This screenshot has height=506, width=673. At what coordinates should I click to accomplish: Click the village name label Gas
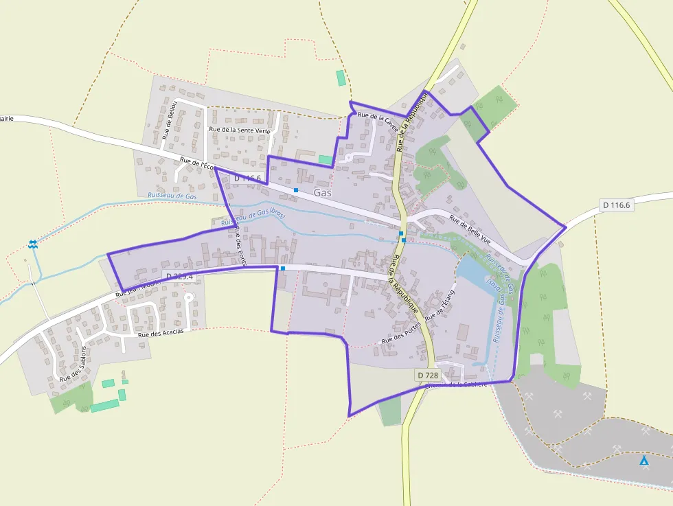323,193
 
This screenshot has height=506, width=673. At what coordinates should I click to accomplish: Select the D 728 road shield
428,375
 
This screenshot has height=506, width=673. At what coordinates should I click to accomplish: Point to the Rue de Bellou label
170,120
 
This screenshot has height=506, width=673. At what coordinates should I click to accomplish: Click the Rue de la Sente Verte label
239,129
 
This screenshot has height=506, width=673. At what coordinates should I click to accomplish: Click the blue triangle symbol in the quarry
643,461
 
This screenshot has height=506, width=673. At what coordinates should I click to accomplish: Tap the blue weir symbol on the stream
32,244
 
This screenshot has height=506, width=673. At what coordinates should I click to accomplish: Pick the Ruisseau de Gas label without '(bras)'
172,196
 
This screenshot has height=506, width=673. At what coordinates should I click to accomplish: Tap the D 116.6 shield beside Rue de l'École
247,179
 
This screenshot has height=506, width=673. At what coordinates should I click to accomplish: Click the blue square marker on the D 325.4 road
282,268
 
